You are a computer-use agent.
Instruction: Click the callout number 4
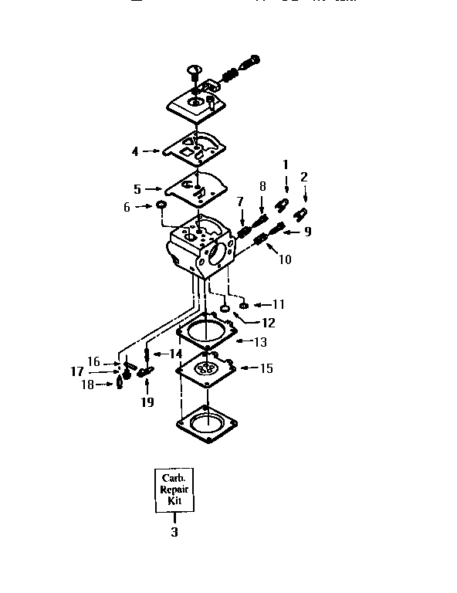(135, 151)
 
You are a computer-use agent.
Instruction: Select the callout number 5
(137, 188)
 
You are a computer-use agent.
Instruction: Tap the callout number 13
(261, 341)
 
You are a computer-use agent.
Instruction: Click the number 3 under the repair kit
(174, 532)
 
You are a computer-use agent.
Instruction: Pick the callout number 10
(285, 260)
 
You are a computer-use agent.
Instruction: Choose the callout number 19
(147, 402)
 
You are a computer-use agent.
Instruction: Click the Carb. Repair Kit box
(174, 490)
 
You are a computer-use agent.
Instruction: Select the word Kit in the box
(174, 501)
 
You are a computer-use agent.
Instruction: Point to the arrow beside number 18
(108, 384)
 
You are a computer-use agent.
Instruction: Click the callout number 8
(262, 186)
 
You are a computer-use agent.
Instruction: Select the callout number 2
(304, 177)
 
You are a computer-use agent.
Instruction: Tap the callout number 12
(268, 323)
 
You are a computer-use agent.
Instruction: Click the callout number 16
(93, 361)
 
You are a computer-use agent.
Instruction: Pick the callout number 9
(307, 230)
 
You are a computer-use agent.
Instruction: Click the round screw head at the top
(192, 70)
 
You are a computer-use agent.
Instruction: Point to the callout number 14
(175, 353)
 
